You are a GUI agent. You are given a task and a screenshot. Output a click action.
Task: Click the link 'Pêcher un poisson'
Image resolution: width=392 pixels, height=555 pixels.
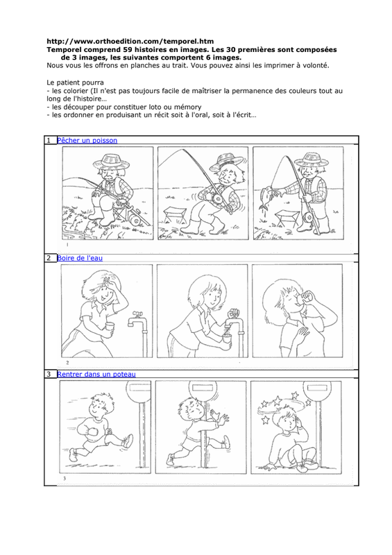(87, 141)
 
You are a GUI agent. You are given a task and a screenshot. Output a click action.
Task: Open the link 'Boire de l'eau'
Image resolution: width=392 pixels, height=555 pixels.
(80, 258)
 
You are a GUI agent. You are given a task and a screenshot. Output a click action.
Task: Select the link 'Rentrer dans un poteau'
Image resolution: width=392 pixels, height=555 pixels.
(96, 374)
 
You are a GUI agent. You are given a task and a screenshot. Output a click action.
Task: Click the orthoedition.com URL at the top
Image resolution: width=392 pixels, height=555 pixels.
(130, 42)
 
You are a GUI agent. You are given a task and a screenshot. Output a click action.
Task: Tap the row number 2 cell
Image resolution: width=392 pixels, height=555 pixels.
(50, 258)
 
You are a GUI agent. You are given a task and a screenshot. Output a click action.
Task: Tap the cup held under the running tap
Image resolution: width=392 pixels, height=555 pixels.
(227, 339)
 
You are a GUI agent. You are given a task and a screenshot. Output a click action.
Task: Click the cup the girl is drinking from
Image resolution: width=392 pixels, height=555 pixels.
(309, 296)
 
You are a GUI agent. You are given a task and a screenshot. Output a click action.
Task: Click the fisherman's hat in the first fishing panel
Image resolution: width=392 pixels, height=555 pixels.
(111, 162)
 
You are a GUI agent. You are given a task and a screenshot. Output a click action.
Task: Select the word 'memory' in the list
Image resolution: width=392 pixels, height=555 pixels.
(187, 107)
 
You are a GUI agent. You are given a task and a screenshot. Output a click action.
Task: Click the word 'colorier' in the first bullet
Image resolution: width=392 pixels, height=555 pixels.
(75, 91)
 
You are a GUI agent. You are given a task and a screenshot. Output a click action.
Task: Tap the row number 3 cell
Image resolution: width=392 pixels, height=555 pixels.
(50, 374)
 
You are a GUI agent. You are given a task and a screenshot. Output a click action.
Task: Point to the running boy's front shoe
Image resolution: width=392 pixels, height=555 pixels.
(128, 441)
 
